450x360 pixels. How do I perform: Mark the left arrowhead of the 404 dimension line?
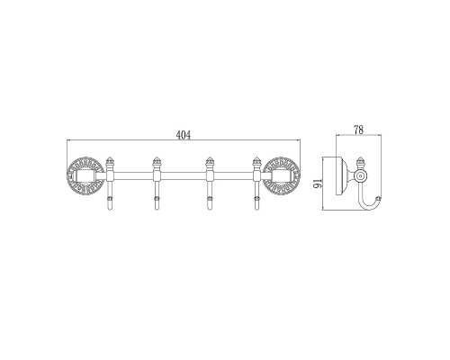click(70, 146)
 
